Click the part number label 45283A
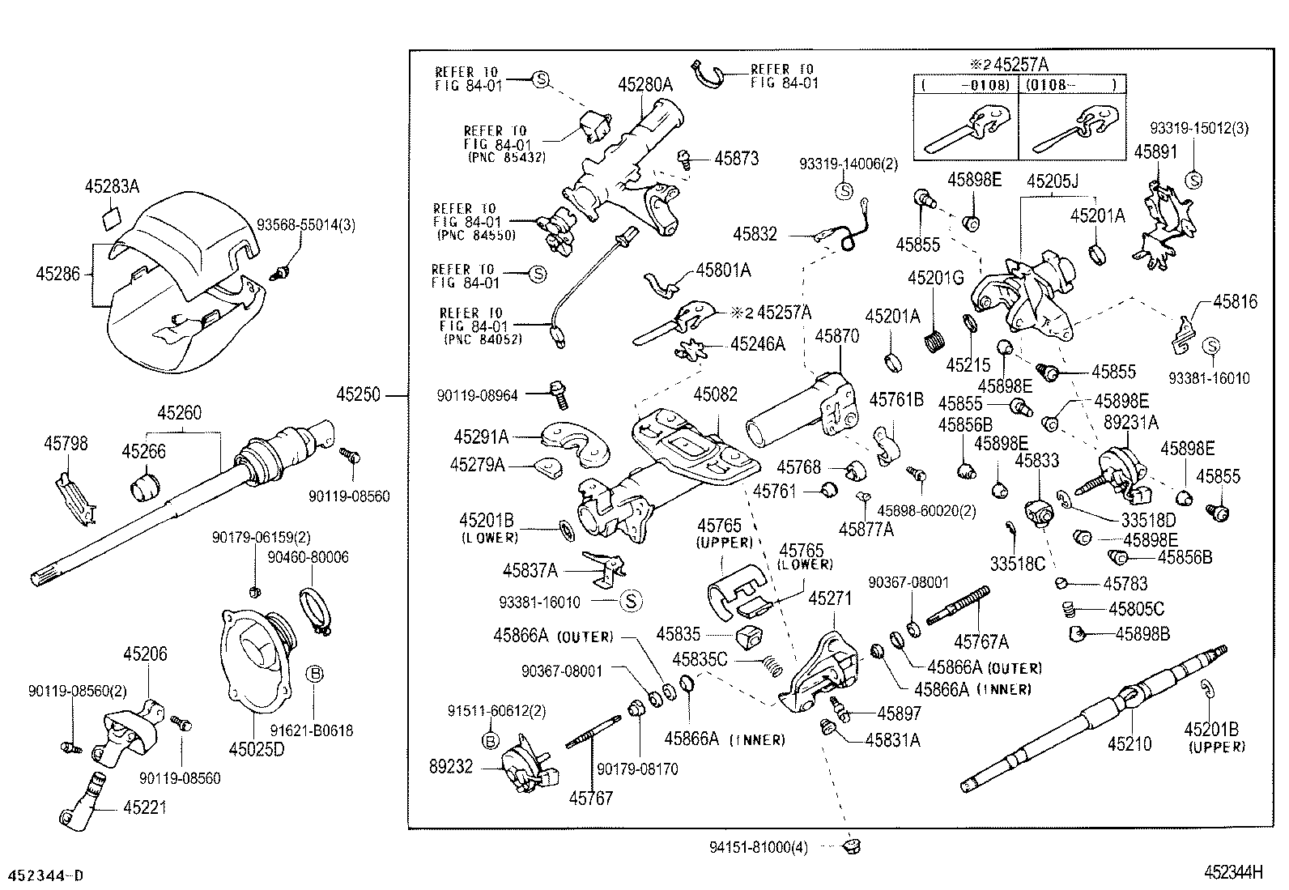(112, 187)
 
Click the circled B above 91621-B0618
(315, 672)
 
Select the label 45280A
(645, 83)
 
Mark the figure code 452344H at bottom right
(1233, 872)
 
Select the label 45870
(836, 336)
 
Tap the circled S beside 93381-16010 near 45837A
(632, 601)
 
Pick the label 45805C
(1136, 609)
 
